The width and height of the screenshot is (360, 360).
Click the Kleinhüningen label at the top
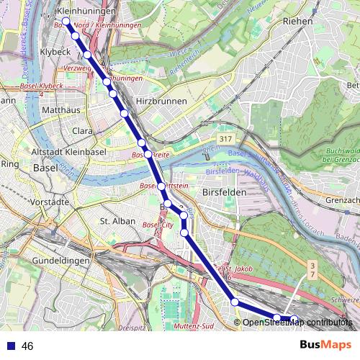86,12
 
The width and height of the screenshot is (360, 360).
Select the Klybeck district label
54,53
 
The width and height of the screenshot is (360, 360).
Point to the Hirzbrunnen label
161,102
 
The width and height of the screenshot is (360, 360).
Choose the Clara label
83,131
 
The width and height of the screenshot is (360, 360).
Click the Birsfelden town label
224,193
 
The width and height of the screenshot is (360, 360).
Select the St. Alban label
117,221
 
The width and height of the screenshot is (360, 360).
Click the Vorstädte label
49,203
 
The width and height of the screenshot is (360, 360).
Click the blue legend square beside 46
10,346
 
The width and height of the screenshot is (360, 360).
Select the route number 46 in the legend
27,346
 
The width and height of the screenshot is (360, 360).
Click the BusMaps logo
325,345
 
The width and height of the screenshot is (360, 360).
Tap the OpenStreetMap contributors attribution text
297,322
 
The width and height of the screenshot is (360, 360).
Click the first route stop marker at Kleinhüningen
66,22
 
